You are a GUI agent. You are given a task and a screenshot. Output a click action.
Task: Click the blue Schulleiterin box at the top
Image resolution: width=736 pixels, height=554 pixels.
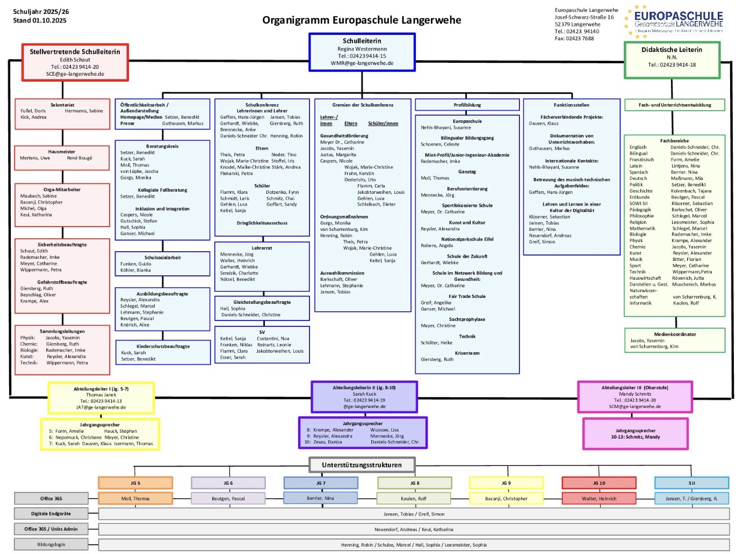[x=362, y=52]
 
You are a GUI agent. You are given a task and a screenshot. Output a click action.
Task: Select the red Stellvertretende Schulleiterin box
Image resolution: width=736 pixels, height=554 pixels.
[x=75, y=62]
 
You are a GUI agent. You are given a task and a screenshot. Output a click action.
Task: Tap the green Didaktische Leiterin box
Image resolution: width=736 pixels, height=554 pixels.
[x=672, y=60]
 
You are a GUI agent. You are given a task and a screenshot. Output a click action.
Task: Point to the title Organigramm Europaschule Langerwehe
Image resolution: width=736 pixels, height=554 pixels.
[x=362, y=20]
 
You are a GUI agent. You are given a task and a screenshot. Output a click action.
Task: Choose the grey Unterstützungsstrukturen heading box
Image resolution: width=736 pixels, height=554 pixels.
[x=362, y=465]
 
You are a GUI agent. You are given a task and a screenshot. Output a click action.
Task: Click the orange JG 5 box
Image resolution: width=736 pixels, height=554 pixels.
[x=135, y=483]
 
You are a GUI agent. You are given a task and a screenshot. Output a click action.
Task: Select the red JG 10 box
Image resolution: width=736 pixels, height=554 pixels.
[x=598, y=483]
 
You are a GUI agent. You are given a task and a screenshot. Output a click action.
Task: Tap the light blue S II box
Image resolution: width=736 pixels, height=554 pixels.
[x=691, y=483]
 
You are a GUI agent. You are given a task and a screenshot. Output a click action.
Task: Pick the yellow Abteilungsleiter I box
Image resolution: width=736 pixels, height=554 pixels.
[x=101, y=397]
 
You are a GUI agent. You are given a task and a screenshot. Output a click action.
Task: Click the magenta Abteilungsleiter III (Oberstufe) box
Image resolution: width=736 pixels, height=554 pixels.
[x=634, y=397]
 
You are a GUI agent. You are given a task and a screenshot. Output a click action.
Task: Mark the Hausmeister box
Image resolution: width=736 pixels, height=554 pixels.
[x=62, y=155]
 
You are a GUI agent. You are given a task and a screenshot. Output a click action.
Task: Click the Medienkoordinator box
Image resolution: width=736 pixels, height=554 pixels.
[x=674, y=340]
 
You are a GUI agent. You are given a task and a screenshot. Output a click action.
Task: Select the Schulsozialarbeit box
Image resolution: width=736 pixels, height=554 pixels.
[x=162, y=264]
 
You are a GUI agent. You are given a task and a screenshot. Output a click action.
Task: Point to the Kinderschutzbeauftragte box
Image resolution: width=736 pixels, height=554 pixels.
[x=163, y=352]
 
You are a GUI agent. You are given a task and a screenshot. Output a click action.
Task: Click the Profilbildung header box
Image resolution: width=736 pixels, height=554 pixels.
[x=467, y=105]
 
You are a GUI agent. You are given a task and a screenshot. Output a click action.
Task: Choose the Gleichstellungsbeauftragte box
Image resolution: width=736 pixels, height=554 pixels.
[x=262, y=308]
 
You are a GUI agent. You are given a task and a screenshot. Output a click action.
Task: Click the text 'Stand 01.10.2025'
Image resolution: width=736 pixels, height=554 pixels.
[x=40, y=20]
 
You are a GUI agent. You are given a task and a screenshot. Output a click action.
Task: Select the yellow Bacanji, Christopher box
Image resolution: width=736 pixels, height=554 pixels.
[x=506, y=498]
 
